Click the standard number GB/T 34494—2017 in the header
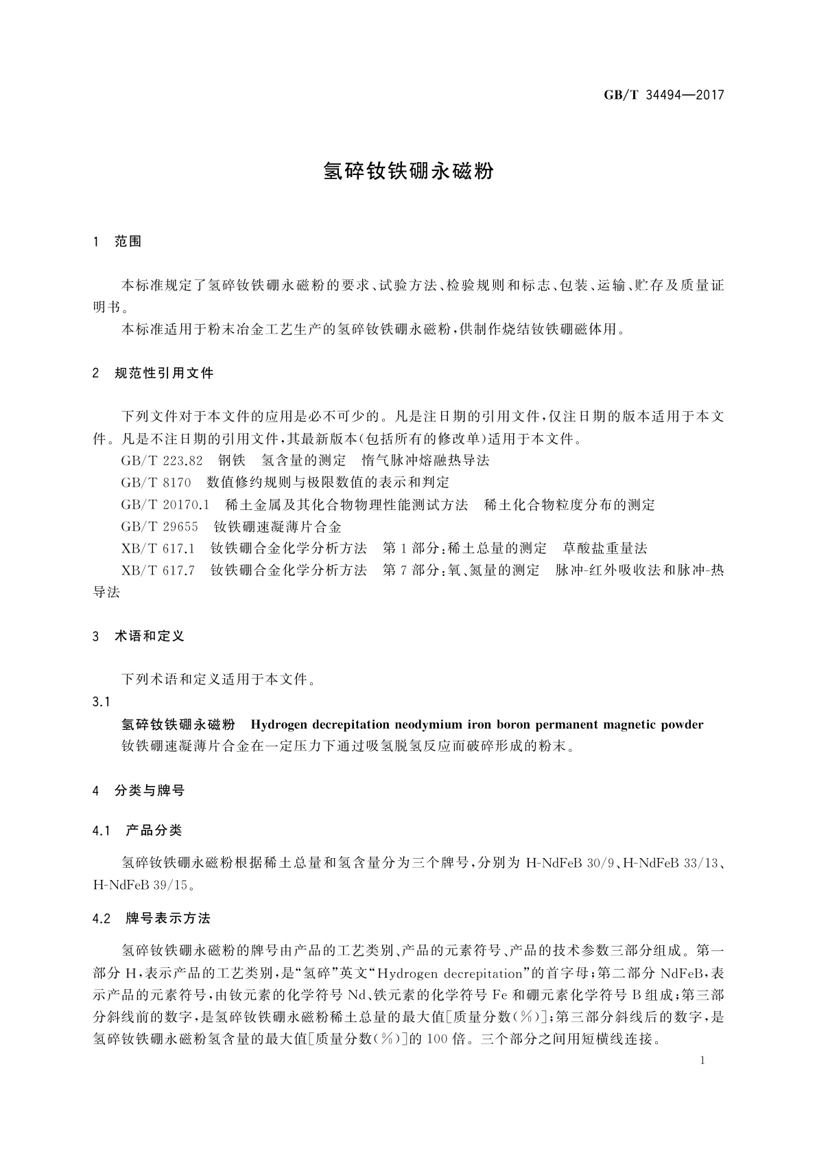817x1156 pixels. click(x=663, y=95)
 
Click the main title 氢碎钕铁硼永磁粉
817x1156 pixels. click(x=408, y=172)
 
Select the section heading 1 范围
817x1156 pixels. click(x=117, y=242)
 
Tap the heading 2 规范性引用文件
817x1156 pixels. click(x=153, y=373)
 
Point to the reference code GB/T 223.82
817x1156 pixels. click(x=162, y=461)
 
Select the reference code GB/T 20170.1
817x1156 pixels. click(x=165, y=505)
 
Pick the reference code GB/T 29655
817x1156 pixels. click(x=159, y=527)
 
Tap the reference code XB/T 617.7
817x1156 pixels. click(x=158, y=570)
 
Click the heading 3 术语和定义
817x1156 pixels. click(x=139, y=636)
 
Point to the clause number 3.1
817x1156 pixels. click(x=101, y=702)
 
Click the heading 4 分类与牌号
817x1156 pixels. click(x=139, y=791)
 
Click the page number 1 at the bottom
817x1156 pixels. click(x=702, y=1061)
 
